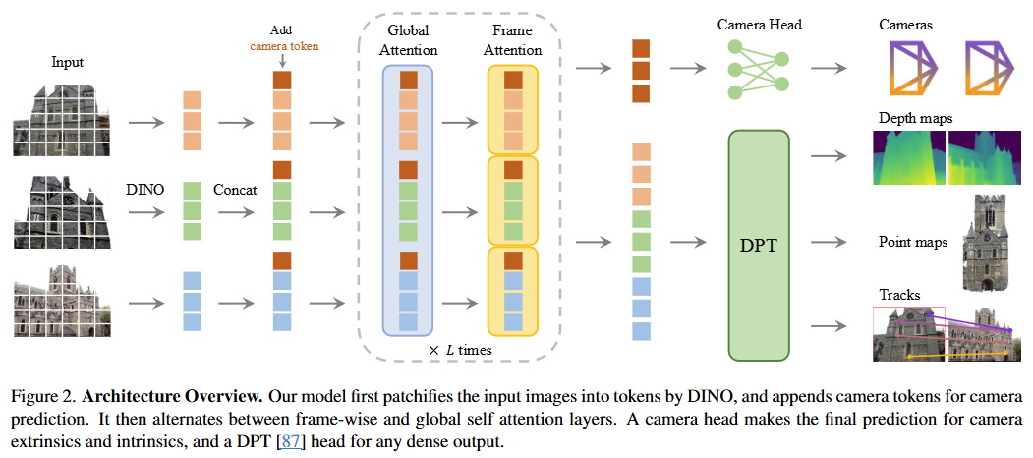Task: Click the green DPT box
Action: (758, 245)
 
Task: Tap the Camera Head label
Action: (758, 24)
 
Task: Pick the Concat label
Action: (235, 189)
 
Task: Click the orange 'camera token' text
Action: (283, 45)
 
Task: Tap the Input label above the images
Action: (67, 63)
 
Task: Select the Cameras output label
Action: (905, 24)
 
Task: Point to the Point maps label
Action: (913, 241)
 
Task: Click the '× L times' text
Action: (461, 350)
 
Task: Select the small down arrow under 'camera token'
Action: (282, 60)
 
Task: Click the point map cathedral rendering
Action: (990, 241)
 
